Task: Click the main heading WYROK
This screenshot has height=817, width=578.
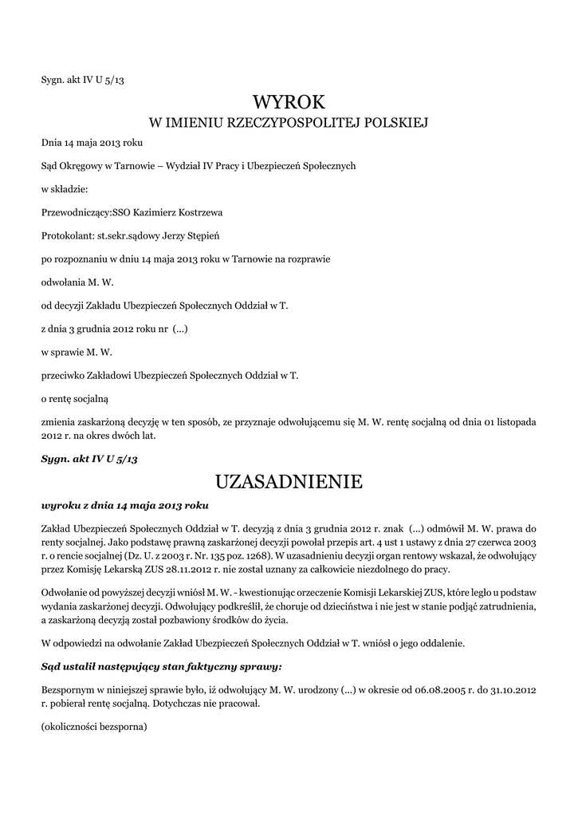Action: click(289, 102)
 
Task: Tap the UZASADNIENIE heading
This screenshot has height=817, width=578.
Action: click(289, 482)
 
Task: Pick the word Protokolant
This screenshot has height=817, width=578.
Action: click(67, 236)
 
